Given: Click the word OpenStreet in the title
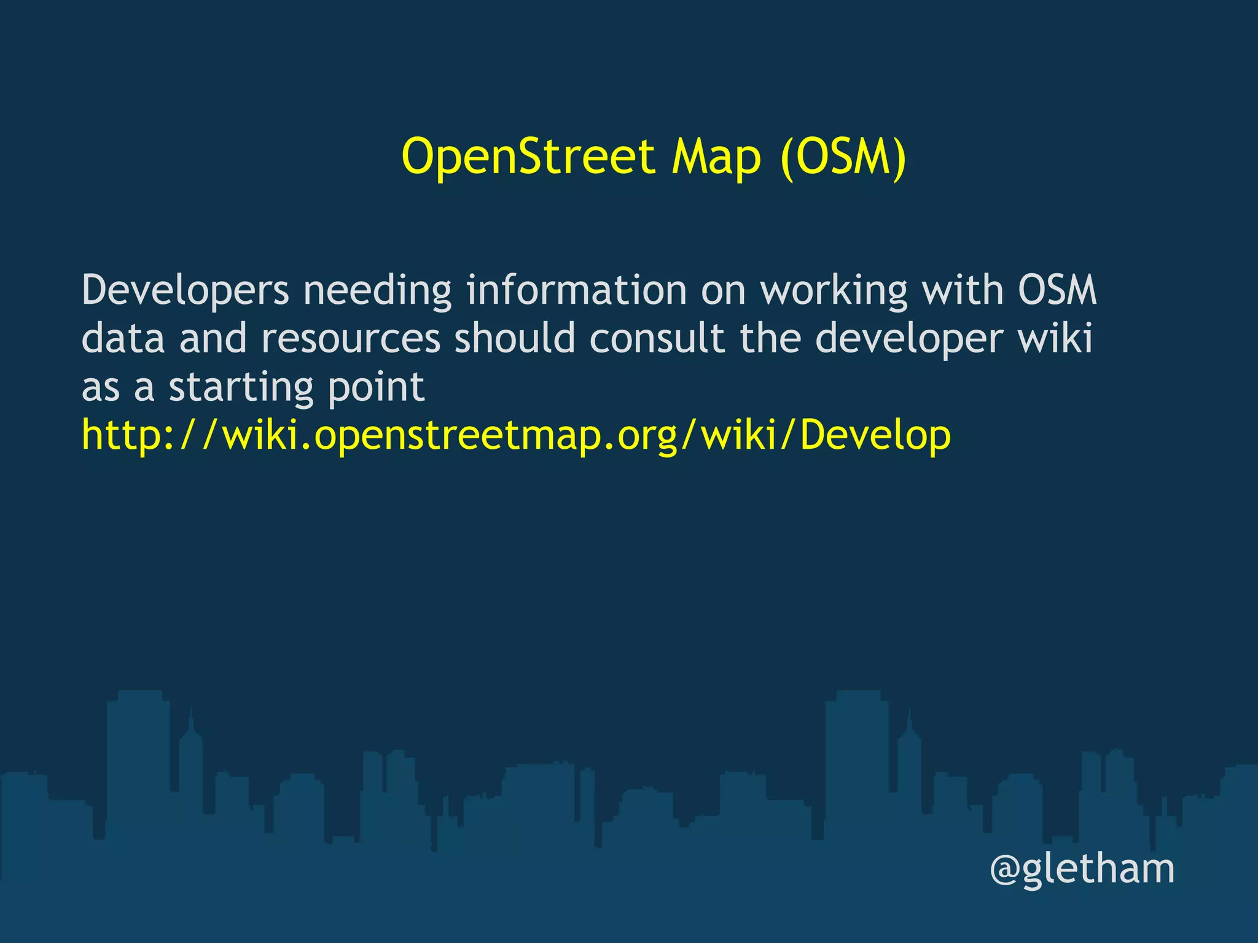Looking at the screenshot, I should point(528,157).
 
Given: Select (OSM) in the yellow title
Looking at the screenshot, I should point(843,157).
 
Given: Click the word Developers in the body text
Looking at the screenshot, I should point(185,290).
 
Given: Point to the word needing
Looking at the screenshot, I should point(377,290).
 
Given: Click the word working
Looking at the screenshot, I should point(834,290).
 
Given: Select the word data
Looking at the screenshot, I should point(123,338).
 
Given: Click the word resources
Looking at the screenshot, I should point(351,339).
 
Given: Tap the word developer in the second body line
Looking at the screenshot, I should point(910,339).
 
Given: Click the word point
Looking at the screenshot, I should point(376,387).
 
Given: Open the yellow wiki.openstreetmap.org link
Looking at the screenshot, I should point(516,435).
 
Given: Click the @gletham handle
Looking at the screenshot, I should point(1082,869).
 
